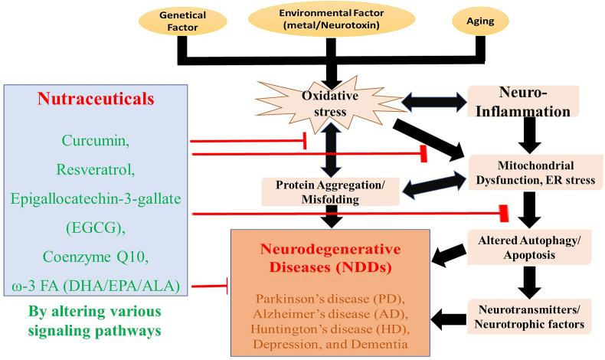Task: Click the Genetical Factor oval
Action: coord(180,21)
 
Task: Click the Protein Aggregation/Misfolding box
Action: coord(332,191)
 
